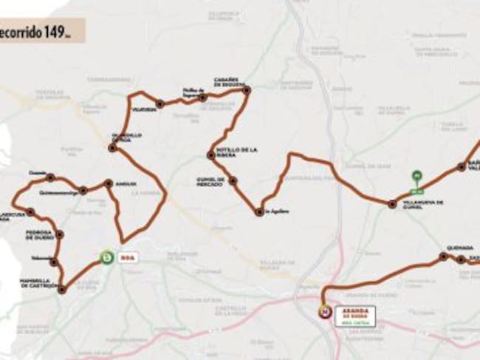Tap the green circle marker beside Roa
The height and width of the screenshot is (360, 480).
108,257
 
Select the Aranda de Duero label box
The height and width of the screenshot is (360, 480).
354,316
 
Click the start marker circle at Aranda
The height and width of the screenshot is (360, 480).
323,312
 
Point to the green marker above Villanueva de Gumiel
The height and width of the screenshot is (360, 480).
416,176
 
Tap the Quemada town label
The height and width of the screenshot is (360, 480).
459,248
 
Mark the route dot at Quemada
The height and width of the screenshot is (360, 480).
442,257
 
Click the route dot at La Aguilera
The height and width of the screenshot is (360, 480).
259,211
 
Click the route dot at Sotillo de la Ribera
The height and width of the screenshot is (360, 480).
210,154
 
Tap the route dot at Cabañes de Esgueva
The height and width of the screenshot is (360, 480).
247,90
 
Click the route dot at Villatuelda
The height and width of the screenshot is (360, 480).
160,104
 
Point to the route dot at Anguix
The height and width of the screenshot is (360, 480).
109,183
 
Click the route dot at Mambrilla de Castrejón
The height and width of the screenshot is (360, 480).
62,289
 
